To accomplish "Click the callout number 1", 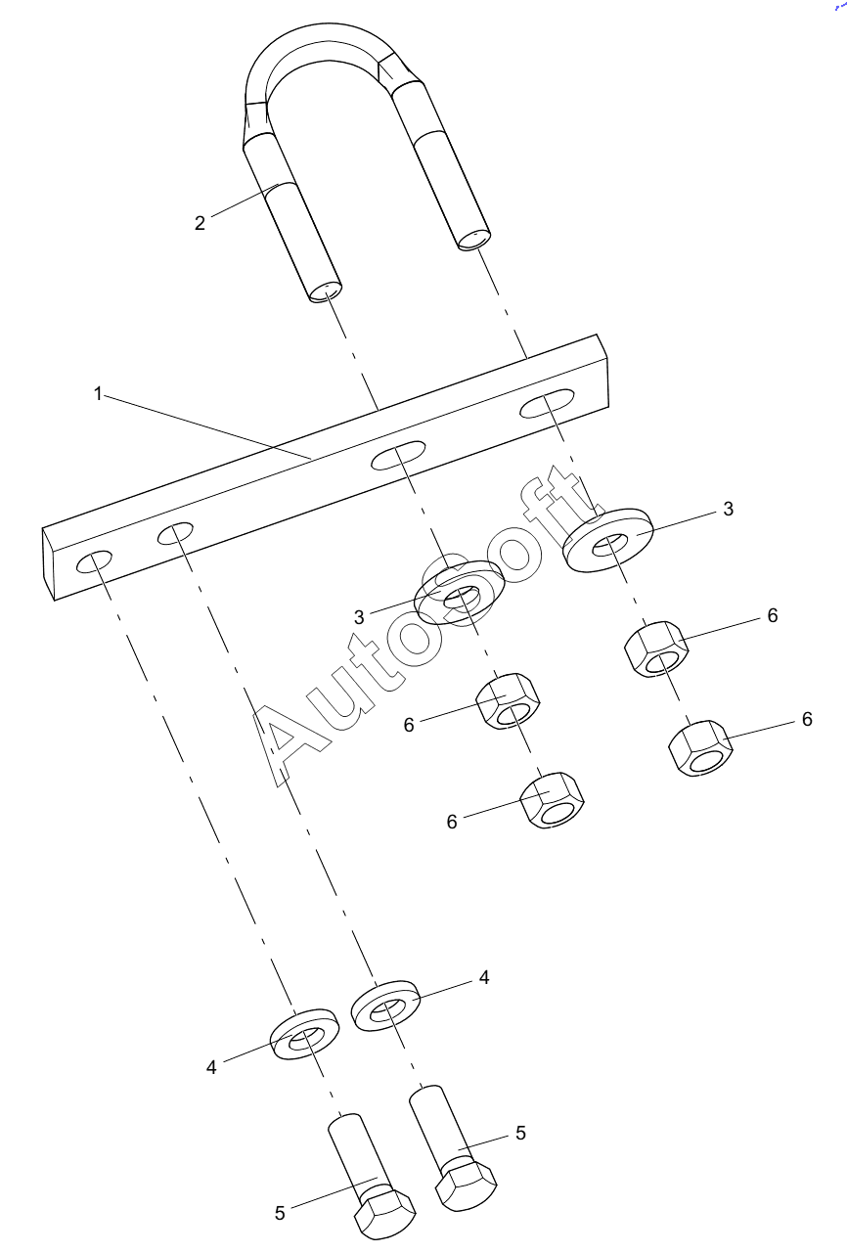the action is [98, 394].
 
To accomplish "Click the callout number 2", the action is [200, 223].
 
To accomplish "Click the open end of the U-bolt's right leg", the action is [473, 240].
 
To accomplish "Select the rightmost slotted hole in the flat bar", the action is [547, 403].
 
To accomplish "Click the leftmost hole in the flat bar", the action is [94, 561].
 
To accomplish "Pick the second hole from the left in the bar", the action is [175, 533].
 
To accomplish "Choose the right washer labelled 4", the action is [385, 1006].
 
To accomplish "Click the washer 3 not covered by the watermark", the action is [608, 539].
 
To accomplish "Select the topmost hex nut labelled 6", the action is [656, 649].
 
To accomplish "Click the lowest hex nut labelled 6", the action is [553, 800].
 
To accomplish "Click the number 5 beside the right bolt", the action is [520, 1133].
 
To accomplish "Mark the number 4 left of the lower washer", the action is [211, 1067].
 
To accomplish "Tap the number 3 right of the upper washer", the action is [728, 509].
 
